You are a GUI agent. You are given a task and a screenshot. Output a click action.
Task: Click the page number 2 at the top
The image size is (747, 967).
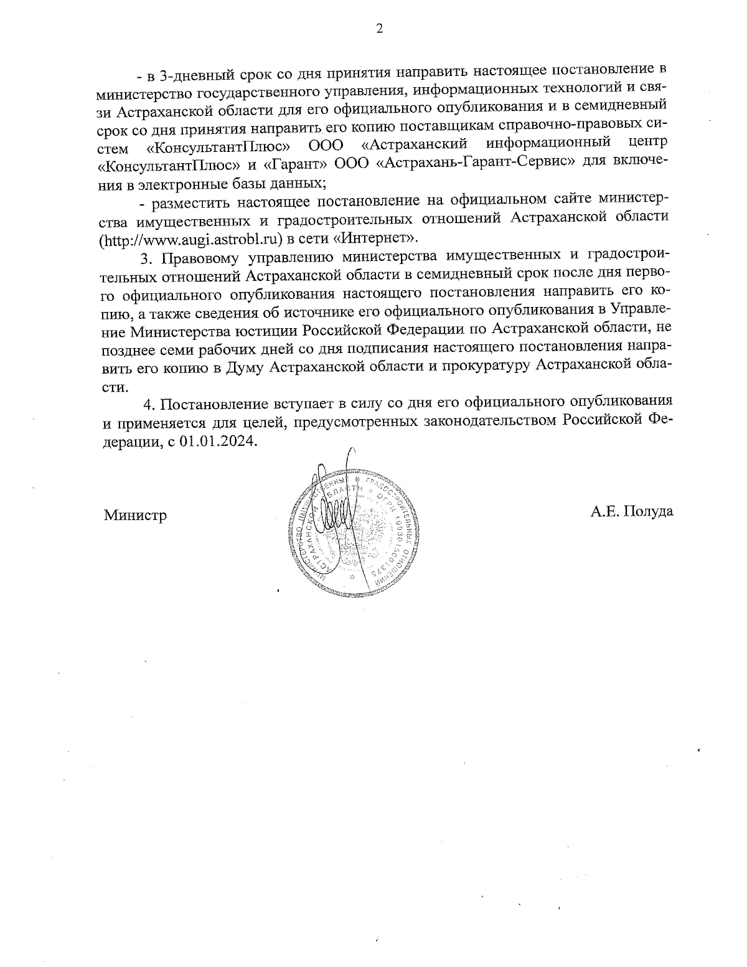(x=379, y=29)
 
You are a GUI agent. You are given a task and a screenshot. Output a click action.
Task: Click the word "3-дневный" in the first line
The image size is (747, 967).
(x=187, y=77)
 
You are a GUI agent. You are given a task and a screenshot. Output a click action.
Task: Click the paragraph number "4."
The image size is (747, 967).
(x=149, y=404)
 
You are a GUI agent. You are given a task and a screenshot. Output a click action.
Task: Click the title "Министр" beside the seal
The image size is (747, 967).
(x=135, y=515)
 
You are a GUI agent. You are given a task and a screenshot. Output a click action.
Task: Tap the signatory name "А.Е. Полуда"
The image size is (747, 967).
(x=631, y=512)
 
